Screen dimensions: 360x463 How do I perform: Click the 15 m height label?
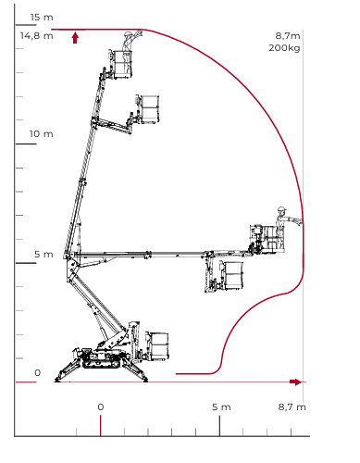[x=42, y=18]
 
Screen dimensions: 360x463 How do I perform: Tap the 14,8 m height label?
[x=37, y=36]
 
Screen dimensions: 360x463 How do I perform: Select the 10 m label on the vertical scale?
[x=42, y=134]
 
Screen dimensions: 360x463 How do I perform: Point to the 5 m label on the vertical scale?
[x=43, y=255]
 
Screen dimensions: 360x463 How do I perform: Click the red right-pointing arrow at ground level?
[x=295, y=382]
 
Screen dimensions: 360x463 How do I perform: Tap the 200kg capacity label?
[x=284, y=48]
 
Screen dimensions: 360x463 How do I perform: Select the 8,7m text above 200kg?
[x=288, y=36]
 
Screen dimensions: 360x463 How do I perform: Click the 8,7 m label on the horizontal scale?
[x=292, y=407]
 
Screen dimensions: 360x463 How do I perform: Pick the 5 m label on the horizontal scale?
[x=221, y=407]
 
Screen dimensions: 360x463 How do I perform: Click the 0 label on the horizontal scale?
[x=101, y=407]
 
